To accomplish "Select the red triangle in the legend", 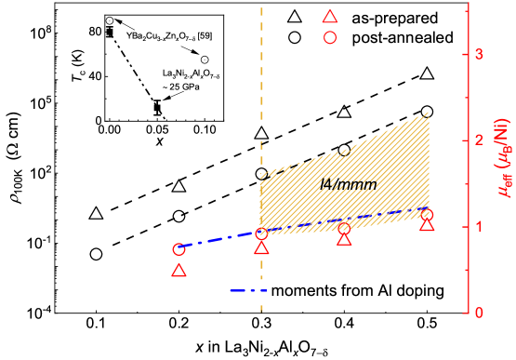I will point(328,16).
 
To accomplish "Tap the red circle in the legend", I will point(328,38).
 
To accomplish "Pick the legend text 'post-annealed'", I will point(403,38).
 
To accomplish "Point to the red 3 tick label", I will point(479,53).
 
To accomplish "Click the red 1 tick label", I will point(479,226).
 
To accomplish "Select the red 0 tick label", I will point(479,313).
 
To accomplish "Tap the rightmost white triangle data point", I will point(427,73).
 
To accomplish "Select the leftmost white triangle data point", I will point(96,214).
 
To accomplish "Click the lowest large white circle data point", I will point(96,254).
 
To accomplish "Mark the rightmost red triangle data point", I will point(427,225).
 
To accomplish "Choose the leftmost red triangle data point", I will point(179,271).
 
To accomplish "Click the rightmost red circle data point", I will point(427,215).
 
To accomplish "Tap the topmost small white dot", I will point(110,20).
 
